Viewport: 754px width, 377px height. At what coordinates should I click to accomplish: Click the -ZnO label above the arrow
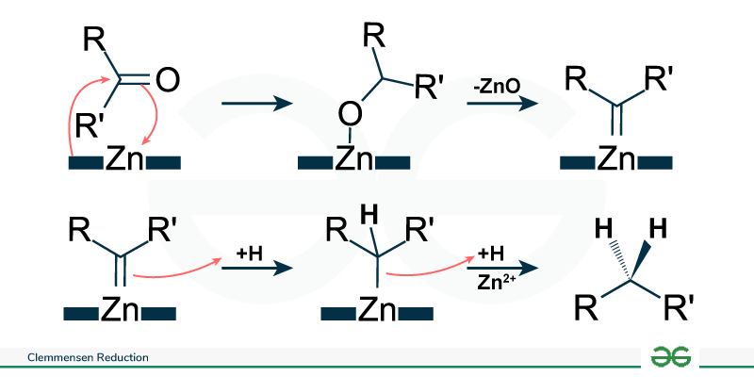(498, 86)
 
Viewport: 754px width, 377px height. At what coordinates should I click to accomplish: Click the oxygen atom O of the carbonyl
(166, 80)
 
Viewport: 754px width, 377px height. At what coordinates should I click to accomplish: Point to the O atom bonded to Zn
(349, 116)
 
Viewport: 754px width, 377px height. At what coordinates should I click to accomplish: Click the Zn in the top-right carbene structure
(616, 160)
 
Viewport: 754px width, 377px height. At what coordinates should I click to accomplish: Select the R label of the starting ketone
(92, 40)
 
